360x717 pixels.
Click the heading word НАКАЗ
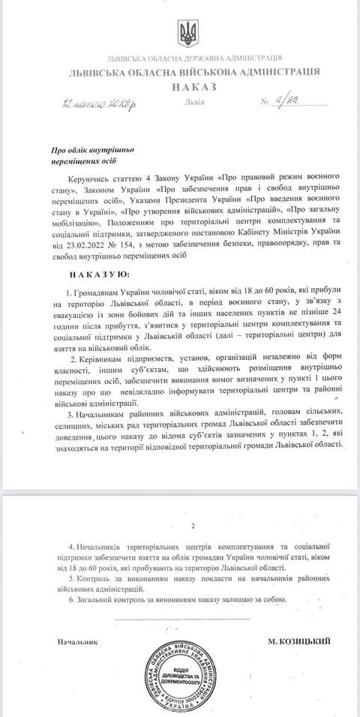click(182, 85)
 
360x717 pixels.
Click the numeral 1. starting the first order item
click(68, 290)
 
